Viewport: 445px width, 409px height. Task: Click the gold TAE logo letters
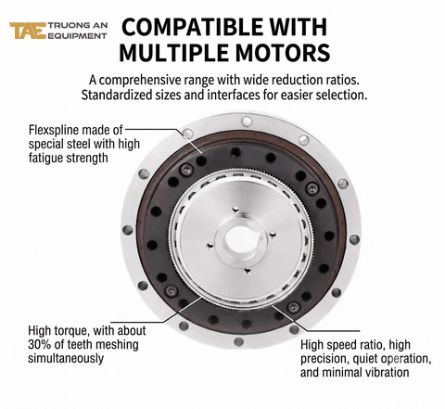[x=28, y=31]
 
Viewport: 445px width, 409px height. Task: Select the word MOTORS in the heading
[x=283, y=53]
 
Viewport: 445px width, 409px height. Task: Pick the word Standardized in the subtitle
[x=117, y=96]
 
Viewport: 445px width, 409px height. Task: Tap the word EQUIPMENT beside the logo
[x=78, y=35]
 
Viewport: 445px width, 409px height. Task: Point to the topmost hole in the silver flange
[x=247, y=121]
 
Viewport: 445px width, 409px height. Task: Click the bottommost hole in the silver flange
[x=238, y=341]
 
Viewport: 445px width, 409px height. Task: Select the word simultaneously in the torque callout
[x=66, y=358]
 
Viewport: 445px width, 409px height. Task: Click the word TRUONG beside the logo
[x=66, y=26]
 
